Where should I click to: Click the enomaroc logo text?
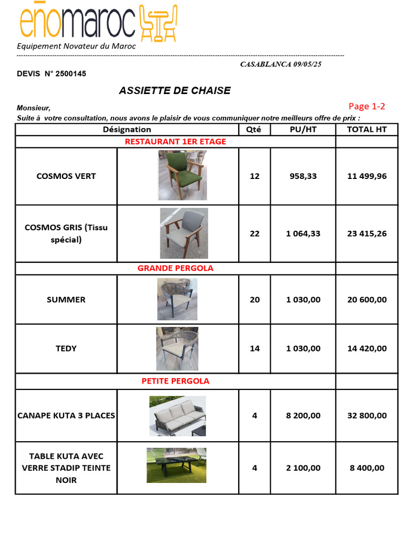click(77, 22)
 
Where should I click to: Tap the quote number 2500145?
click(70, 74)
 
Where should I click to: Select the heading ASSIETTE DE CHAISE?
click(175, 90)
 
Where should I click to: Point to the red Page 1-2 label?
click(367, 106)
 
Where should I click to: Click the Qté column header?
click(254, 129)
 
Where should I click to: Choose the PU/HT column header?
click(303, 129)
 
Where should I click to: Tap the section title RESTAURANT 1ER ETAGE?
click(175, 142)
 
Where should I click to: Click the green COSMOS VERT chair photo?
click(183, 175)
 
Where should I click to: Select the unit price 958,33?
click(303, 176)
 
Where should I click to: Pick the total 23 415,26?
click(367, 233)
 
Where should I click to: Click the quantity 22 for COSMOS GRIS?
click(255, 233)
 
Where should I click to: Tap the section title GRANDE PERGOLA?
click(175, 268)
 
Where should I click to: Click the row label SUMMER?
click(66, 300)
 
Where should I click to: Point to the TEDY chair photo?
click(177, 348)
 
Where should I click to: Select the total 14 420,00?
click(367, 348)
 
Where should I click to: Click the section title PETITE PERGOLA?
click(175, 381)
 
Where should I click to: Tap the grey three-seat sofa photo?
click(177, 415)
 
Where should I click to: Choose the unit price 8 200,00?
click(303, 415)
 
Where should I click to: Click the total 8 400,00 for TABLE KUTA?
click(367, 468)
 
